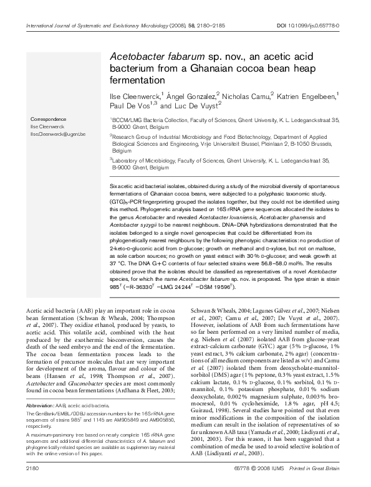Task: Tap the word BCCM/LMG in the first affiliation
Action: [x=127, y=119]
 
